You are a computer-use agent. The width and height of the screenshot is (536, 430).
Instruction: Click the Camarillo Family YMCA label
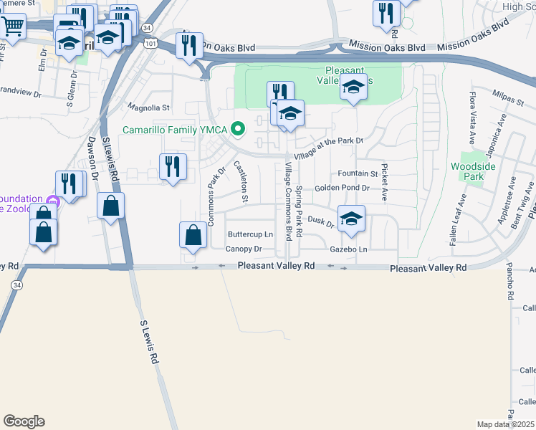pos(176,130)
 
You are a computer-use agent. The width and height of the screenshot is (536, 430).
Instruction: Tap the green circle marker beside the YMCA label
pos(240,130)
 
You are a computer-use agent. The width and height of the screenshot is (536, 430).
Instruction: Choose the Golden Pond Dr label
pos(342,188)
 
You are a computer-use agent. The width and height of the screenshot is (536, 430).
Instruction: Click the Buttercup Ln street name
pos(250,234)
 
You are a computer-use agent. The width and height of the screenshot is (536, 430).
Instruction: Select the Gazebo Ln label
pos(348,249)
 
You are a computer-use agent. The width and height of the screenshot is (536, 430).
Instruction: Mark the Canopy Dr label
pos(244,249)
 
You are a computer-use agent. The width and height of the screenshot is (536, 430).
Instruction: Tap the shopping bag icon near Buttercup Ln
pos(193,235)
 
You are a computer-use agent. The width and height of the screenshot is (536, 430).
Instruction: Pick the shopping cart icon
pos(12,26)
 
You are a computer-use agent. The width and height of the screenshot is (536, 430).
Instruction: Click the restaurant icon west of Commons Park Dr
pos(172,167)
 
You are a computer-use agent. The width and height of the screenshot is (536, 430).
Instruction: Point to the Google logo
pos(24,421)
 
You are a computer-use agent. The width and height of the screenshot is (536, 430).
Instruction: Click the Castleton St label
pos(241,181)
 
